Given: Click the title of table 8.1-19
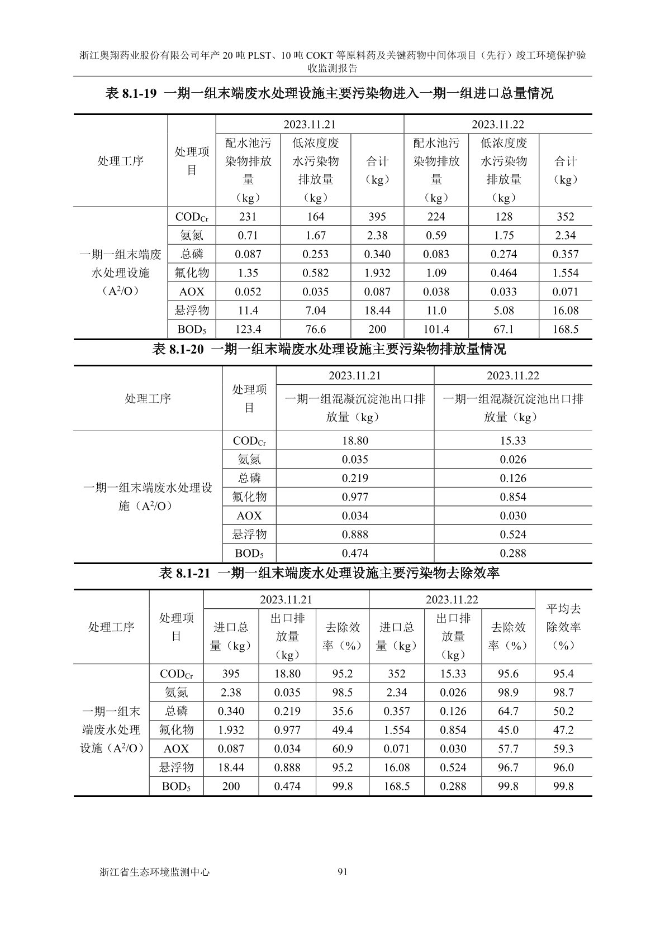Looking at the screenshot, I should click(x=329, y=93).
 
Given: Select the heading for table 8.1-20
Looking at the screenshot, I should click(x=329, y=350).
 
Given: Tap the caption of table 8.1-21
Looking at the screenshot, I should click(x=329, y=573).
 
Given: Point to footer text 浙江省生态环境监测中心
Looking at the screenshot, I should click(x=154, y=871).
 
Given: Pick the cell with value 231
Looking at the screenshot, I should click(x=248, y=217).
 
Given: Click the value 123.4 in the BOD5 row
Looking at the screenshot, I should click(x=248, y=330).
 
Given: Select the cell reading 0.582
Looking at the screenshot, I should click(x=316, y=273).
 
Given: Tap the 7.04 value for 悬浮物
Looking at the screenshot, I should click(x=316, y=311).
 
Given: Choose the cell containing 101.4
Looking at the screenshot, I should click(x=436, y=330).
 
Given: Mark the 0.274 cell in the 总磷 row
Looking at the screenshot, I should click(x=503, y=254).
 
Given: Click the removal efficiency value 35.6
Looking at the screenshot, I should click(x=342, y=712).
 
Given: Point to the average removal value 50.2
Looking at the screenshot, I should click(x=563, y=712).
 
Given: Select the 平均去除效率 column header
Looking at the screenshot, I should click(x=563, y=627).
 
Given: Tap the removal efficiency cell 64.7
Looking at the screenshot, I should click(x=508, y=712).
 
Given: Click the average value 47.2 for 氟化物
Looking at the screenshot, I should click(x=563, y=730).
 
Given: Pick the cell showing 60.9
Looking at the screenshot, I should click(x=342, y=749).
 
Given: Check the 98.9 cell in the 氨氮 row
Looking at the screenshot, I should click(x=508, y=693).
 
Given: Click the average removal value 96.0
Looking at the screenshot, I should click(x=563, y=767).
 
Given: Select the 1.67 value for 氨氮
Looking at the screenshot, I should click(x=316, y=236).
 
